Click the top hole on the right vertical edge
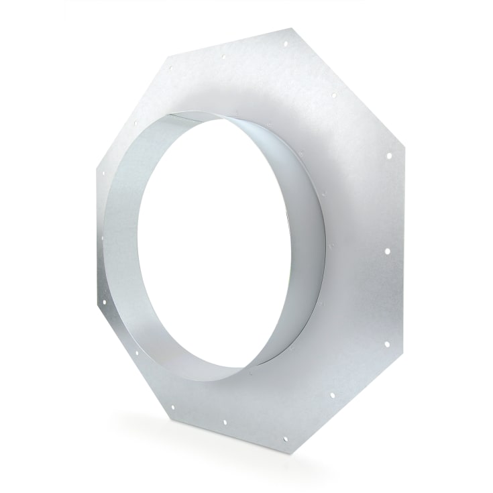388,156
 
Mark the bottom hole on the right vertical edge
386,345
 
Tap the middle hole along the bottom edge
224,423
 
